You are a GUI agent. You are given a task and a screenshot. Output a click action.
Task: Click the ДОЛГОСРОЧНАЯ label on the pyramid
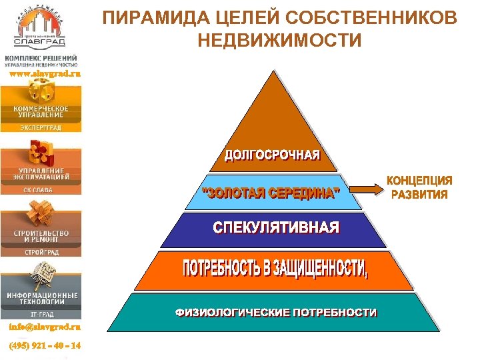(272, 155)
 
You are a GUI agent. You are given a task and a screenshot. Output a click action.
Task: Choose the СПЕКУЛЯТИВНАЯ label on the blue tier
(276, 228)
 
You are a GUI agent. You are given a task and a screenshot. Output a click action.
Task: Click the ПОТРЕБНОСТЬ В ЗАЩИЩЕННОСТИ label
(275, 269)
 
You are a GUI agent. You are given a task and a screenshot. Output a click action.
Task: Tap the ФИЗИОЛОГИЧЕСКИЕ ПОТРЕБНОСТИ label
(276, 312)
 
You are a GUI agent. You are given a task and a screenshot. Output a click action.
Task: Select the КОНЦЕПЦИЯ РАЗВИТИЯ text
(419, 187)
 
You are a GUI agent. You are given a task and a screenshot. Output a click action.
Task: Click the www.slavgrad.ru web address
(44, 74)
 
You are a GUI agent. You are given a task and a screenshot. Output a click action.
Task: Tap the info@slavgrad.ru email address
(44, 327)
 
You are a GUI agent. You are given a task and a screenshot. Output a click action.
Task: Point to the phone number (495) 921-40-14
(44, 346)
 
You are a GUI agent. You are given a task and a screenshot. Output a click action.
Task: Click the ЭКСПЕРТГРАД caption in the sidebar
(40, 127)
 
